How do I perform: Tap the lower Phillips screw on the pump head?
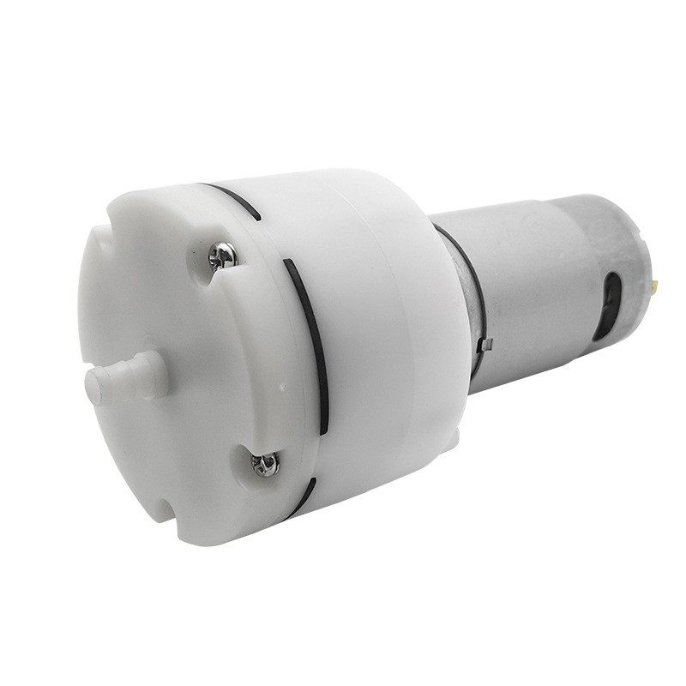[262, 464]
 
